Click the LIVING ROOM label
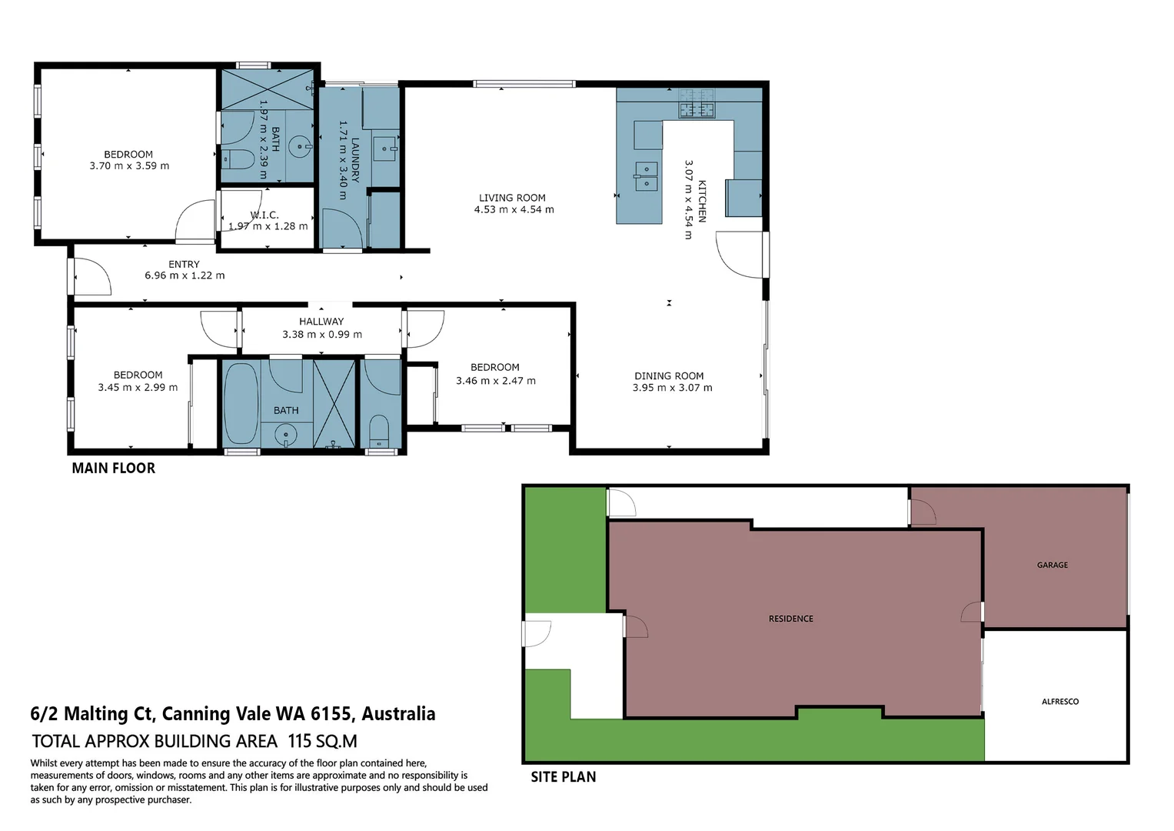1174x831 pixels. tap(512, 198)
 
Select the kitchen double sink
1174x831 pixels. tap(646, 175)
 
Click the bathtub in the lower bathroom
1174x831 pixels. tap(241, 403)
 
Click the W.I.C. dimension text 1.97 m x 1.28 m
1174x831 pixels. tap(268, 226)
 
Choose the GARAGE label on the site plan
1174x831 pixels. tap(1052, 565)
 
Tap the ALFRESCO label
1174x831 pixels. tap(1059, 702)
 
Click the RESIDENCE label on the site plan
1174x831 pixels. tap(790, 619)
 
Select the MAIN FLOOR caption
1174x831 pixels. tap(113, 468)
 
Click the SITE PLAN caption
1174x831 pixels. tap(563, 777)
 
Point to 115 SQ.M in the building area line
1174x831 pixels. tap(322, 742)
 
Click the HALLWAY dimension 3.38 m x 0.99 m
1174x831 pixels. tap(321, 335)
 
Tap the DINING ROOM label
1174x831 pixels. tap(668, 376)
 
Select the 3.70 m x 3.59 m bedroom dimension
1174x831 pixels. tap(129, 166)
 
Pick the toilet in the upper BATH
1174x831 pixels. tap(238, 159)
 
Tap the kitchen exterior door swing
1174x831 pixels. tap(739, 255)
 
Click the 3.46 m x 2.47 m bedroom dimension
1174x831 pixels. tap(495, 381)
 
